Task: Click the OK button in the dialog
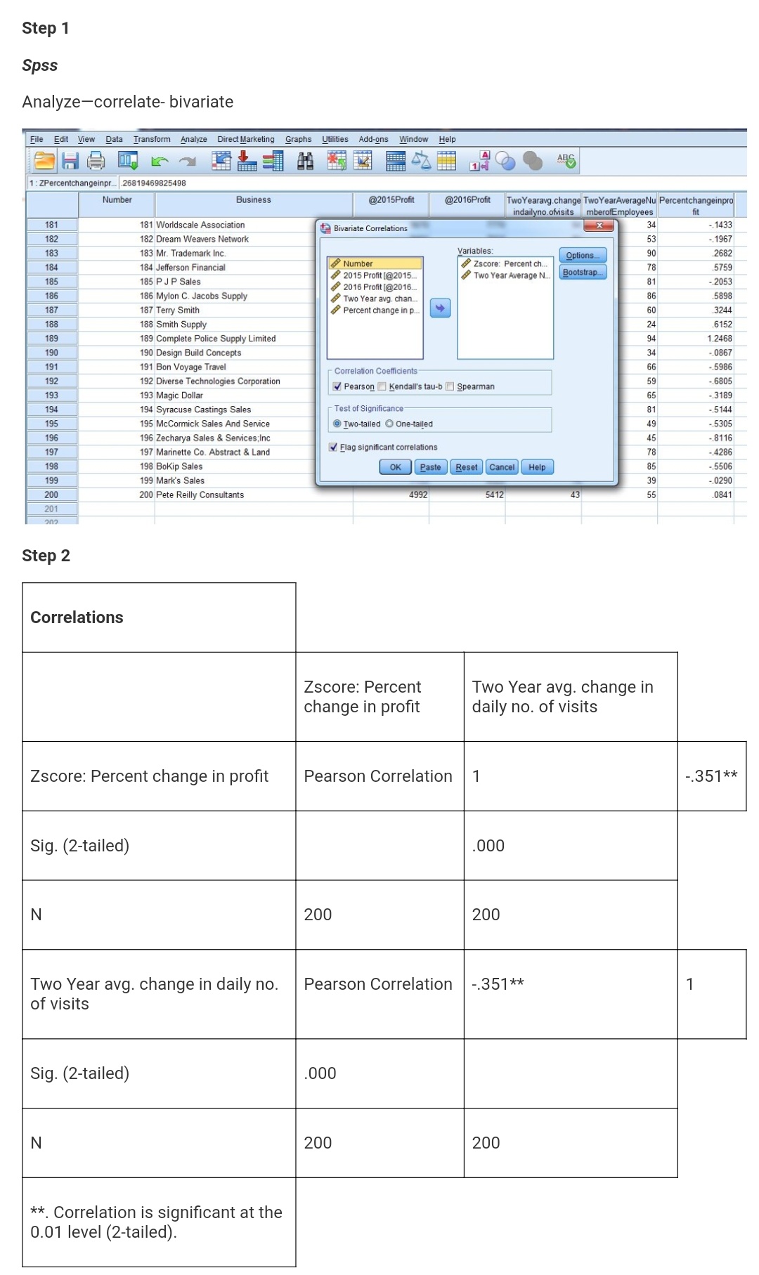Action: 395,467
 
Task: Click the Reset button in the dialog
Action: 466,467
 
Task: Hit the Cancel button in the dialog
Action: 502,467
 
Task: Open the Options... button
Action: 583,256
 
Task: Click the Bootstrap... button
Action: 583,273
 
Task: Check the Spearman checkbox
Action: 450,386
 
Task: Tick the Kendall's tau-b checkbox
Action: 382,386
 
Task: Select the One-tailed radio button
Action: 389,424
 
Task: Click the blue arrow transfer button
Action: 440,308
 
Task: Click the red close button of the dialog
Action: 599,226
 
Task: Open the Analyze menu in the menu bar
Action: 193,139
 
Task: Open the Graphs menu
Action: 298,139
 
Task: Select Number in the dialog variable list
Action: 358,263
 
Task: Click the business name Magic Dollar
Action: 179,395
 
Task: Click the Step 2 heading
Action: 46,556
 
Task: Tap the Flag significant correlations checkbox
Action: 334,447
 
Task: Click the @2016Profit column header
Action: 467,200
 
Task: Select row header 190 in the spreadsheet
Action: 52,353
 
